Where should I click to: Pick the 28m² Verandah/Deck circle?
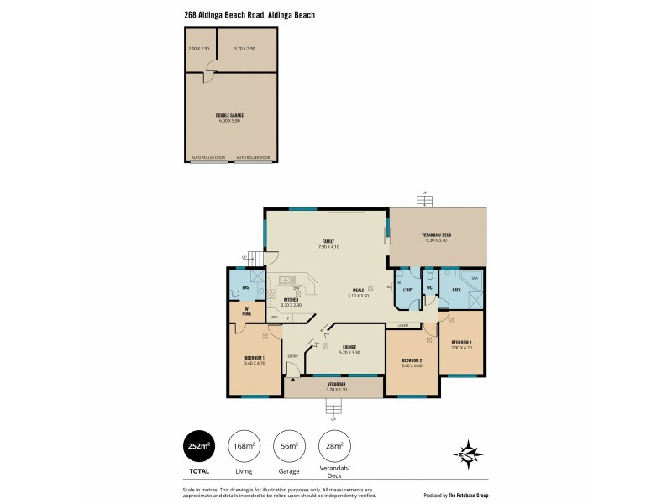(x=335, y=447)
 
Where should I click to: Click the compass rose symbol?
(x=469, y=454)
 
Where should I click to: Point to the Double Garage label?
(x=229, y=115)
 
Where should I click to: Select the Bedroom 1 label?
(x=255, y=359)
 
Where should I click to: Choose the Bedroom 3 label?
(x=461, y=342)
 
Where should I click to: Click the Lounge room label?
(x=349, y=347)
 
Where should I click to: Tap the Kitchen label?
(x=291, y=299)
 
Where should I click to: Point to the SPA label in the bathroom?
(x=474, y=276)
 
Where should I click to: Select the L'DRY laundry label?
(x=408, y=291)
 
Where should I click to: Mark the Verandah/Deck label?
(x=435, y=234)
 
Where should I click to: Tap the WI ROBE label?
(x=247, y=311)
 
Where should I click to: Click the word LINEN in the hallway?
(x=403, y=324)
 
